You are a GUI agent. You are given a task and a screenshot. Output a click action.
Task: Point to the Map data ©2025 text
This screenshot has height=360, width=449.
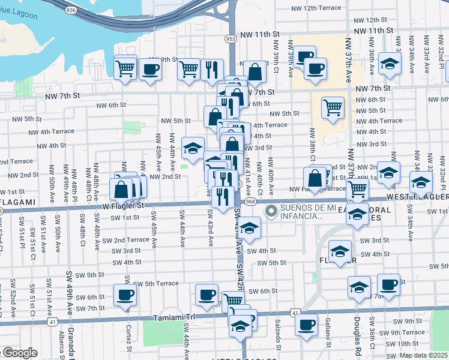(423, 355)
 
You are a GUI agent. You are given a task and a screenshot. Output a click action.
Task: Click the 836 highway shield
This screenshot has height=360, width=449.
(71, 10)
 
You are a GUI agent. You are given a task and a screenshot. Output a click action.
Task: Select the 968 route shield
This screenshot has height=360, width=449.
(251, 202)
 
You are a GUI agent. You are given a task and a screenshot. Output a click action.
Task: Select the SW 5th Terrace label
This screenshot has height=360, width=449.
(155, 283)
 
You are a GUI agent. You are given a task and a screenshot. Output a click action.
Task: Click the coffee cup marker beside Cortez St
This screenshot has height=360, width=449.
(125, 295)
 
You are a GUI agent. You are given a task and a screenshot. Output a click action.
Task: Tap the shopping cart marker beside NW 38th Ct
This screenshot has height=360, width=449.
(333, 108)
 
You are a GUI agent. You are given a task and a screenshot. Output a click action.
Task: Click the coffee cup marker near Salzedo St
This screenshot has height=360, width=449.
(306, 325)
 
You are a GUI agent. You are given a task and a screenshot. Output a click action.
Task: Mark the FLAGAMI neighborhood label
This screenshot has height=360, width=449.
(16, 202)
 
